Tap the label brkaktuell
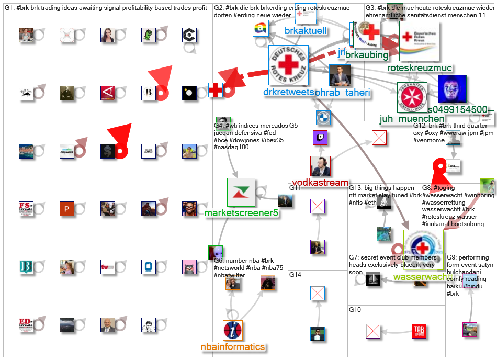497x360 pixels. coord(306,31)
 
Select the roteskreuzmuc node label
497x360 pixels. coord(419,67)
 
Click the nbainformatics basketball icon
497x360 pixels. coord(232,331)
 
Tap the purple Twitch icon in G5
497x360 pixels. coord(320,138)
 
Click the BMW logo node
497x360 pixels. coord(323,117)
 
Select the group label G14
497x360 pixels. coord(295,274)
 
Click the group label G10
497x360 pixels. coord(355,310)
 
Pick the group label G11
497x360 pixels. coord(295,187)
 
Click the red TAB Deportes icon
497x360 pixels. coord(419,331)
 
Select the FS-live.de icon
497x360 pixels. coord(26,209)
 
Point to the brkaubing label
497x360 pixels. coord(366,54)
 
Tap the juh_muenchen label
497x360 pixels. coord(412,119)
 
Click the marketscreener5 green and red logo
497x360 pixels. coord(241,192)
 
